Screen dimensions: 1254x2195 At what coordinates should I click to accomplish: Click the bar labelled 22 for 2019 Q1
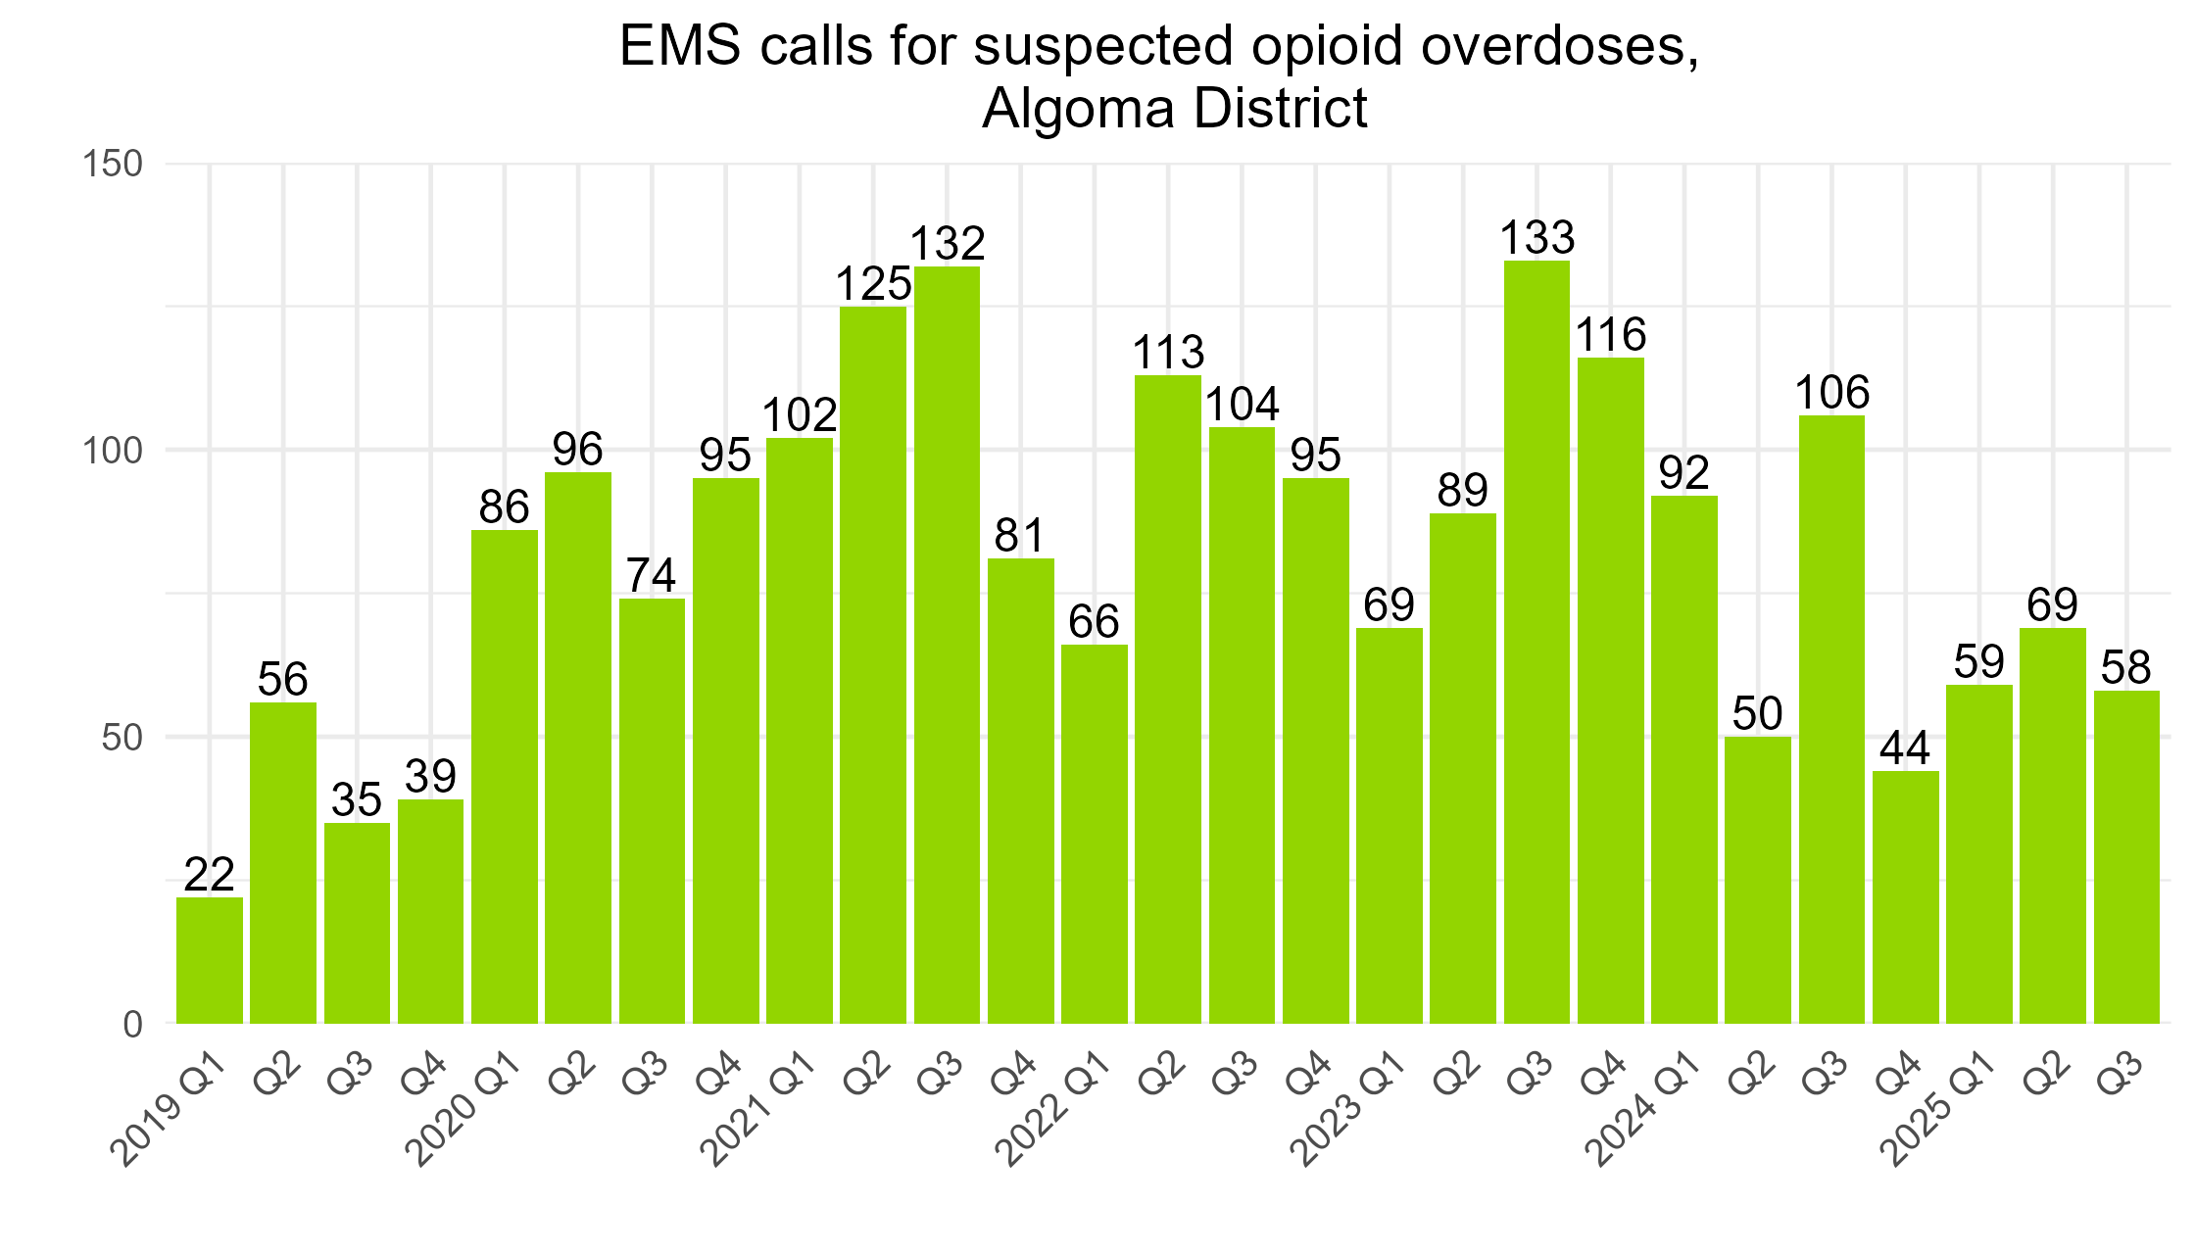[210, 960]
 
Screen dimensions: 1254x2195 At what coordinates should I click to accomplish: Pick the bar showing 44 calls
[1905, 896]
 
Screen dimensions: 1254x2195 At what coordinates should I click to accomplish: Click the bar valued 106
[1831, 719]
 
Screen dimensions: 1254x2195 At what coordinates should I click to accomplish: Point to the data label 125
[873, 285]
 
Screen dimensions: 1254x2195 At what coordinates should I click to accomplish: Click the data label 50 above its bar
[1757, 714]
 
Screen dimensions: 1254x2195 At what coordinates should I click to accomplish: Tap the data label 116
[1610, 335]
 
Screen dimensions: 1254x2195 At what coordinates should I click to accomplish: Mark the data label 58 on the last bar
[2125, 668]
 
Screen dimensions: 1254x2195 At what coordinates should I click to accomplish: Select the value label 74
[652, 576]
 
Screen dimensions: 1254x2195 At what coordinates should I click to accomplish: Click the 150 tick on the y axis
[113, 164]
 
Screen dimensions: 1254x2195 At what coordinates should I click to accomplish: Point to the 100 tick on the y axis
[113, 451]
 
